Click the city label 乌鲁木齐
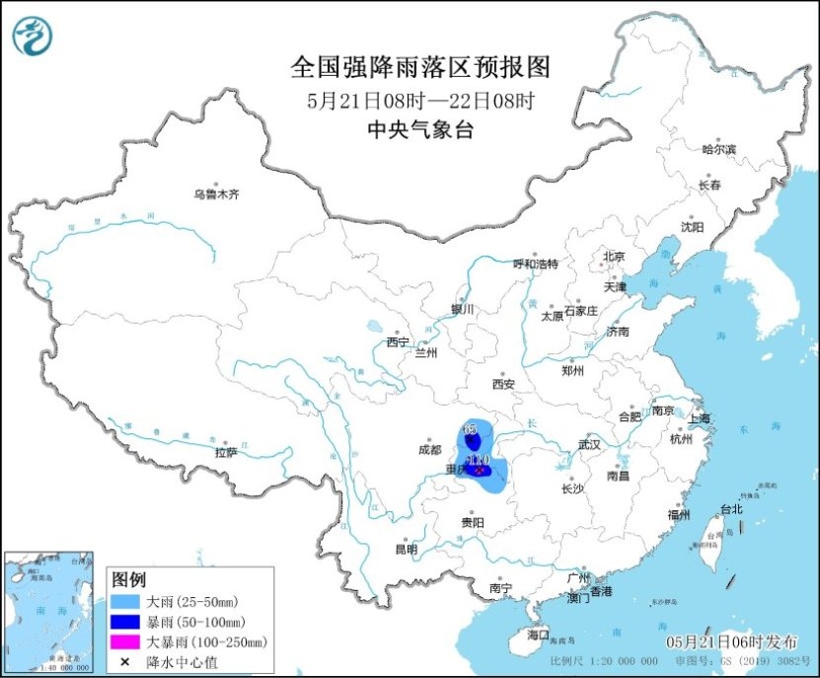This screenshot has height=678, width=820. [x=216, y=194]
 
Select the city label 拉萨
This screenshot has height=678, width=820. [x=226, y=453]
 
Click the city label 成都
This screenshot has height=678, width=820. [x=430, y=449]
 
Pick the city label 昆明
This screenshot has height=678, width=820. [x=406, y=549]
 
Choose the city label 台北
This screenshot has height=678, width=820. [x=730, y=509]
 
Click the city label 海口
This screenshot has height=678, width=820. [x=538, y=633]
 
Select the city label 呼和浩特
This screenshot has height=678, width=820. [x=536, y=264]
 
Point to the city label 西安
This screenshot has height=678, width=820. [x=504, y=384]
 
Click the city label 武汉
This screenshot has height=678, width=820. [x=589, y=444]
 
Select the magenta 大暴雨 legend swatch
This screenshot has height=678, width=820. [x=125, y=641]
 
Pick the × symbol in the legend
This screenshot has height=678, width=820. [x=125, y=661]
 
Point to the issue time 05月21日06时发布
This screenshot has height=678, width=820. [x=738, y=642]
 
